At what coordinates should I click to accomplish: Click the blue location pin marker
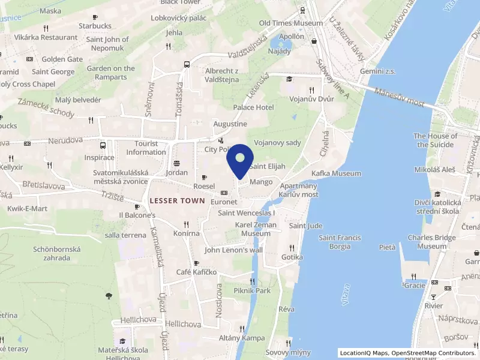[x=240, y=159]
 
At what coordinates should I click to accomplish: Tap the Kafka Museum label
[x=336, y=173]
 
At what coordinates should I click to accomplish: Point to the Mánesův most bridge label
[x=399, y=98]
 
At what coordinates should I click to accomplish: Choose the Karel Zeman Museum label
[x=253, y=229]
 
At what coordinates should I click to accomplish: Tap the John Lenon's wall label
[x=233, y=250]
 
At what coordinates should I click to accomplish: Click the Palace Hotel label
[x=253, y=107]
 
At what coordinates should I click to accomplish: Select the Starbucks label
[x=95, y=26]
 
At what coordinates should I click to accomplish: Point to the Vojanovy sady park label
[x=277, y=143]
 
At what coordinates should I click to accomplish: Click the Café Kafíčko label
[x=196, y=272]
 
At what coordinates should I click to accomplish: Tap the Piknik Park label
[x=251, y=291]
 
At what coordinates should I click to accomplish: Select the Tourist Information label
[x=146, y=148]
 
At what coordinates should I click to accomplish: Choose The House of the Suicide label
[x=436, y=140]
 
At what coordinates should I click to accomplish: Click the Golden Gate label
[x=62, y=59]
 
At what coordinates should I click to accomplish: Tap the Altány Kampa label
[x=241, y=338]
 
